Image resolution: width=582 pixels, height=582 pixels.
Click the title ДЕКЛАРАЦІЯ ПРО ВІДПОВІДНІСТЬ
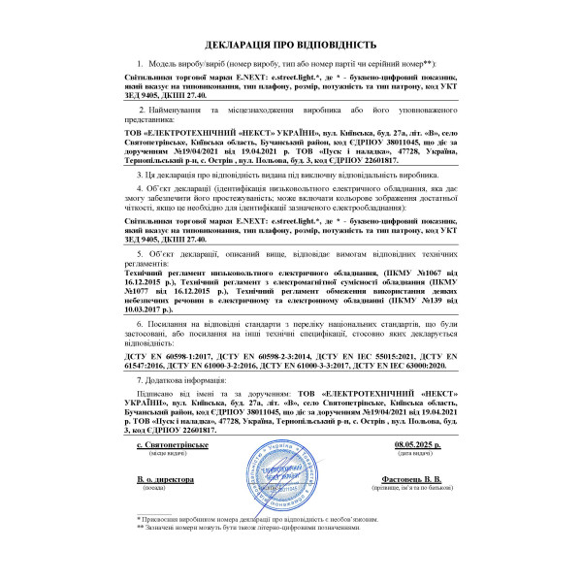point(290,45)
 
